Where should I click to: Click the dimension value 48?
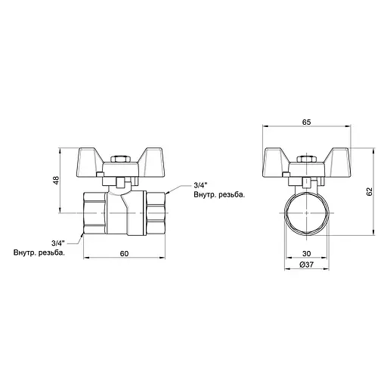coord(57,182)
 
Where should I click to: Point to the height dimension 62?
coord(368,193)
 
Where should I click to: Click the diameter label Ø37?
coord(308,265)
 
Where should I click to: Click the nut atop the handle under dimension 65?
coord(308,160)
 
